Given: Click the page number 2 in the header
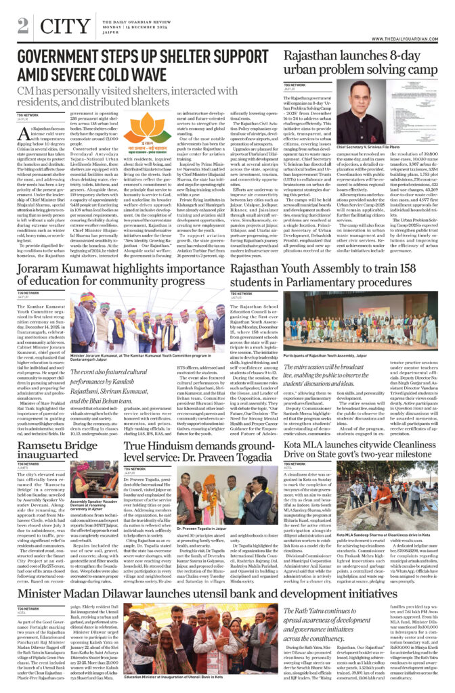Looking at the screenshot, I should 22,25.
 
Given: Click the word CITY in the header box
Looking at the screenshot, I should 64,26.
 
